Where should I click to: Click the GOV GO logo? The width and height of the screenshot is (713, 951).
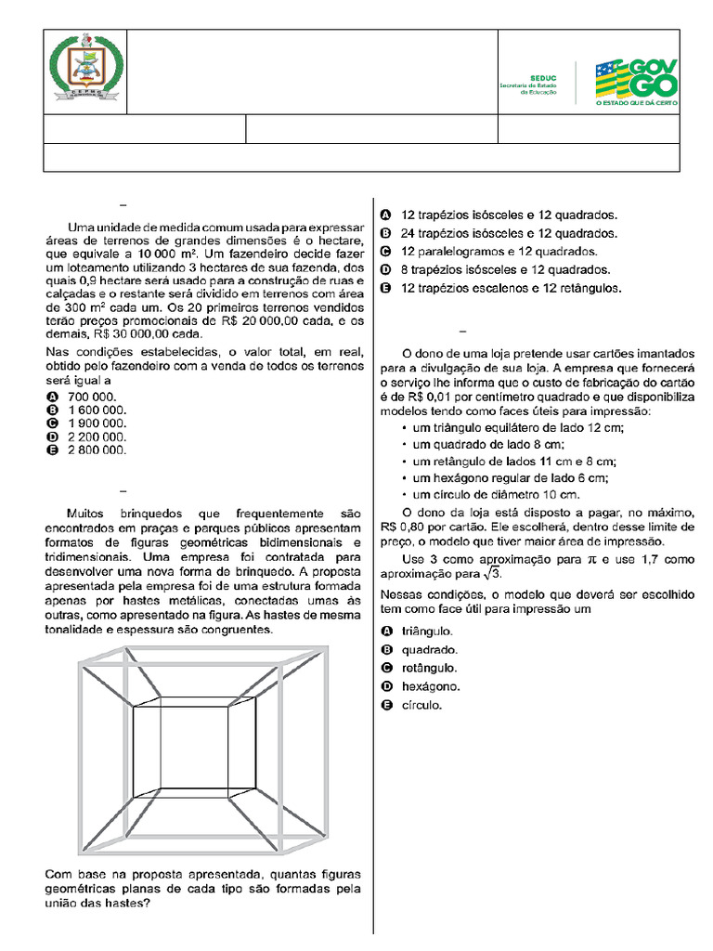(636, 83)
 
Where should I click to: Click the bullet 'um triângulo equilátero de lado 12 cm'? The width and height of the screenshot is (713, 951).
(517, 427)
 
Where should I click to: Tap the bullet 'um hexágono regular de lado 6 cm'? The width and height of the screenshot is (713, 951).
(510, 478)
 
